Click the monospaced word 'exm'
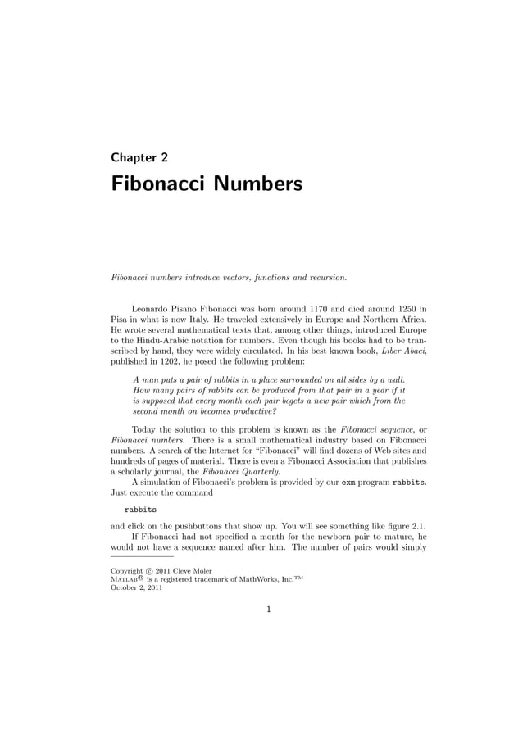pos(349,484)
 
